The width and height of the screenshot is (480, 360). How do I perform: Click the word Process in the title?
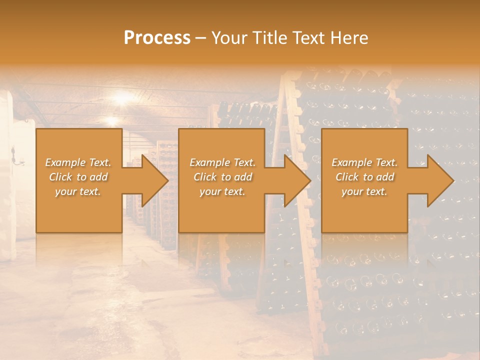[157, 38]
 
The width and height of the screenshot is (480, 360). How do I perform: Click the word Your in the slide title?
[230, 38]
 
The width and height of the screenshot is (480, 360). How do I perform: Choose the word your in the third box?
[352, 191]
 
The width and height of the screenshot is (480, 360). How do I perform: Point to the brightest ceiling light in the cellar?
[122, 97]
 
